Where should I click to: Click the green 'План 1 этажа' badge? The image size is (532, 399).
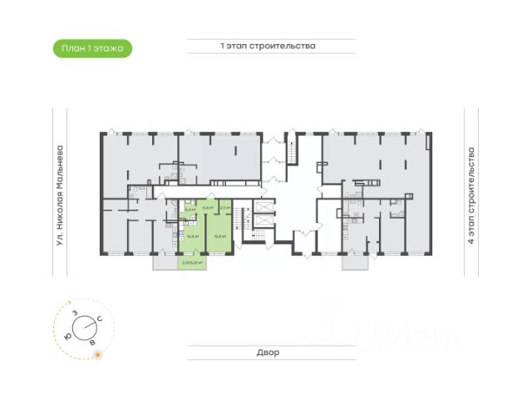[x=91, y=49]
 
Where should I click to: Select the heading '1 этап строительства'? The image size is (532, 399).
[x=268, y=47]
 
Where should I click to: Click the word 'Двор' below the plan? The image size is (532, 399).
[x=268, y=352]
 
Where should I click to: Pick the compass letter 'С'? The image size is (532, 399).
[x=100, y=318]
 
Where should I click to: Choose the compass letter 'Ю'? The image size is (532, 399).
[x=66, y=335]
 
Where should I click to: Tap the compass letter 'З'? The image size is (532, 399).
[x=75, y=313]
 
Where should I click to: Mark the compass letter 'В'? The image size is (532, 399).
[x=92, y=341]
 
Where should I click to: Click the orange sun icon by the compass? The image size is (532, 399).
[x=98, y=355]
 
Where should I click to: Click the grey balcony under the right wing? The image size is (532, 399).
[x=356, y=260]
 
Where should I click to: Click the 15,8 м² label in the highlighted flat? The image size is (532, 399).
[x=219, y=235]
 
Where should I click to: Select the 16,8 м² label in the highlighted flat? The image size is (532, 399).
[x=190, y=236]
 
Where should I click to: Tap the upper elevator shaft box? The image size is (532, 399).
[x=264, y=204]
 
